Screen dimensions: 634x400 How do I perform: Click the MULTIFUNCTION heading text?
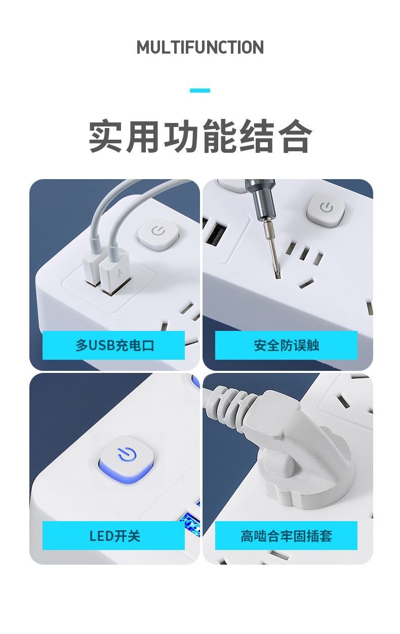(x=200, y=48)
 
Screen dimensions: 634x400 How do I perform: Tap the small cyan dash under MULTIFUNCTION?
(x=200, y=91)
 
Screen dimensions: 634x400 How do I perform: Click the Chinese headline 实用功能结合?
(x=200, y=137)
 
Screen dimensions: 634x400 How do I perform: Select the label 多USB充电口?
(x=113, y=346)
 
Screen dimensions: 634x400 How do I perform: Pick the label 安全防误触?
(x=286, y=346)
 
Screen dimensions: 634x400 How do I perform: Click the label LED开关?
(x=113, y=536)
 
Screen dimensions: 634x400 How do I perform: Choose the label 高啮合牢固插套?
(x=286, y=536)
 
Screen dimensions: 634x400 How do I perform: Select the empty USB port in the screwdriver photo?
(x=217, y=235)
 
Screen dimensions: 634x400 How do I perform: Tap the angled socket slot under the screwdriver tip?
(x=305, y=284)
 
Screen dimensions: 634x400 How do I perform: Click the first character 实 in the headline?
(x=107, y=137)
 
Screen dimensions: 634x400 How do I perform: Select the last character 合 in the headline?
(x=295, y=137)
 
